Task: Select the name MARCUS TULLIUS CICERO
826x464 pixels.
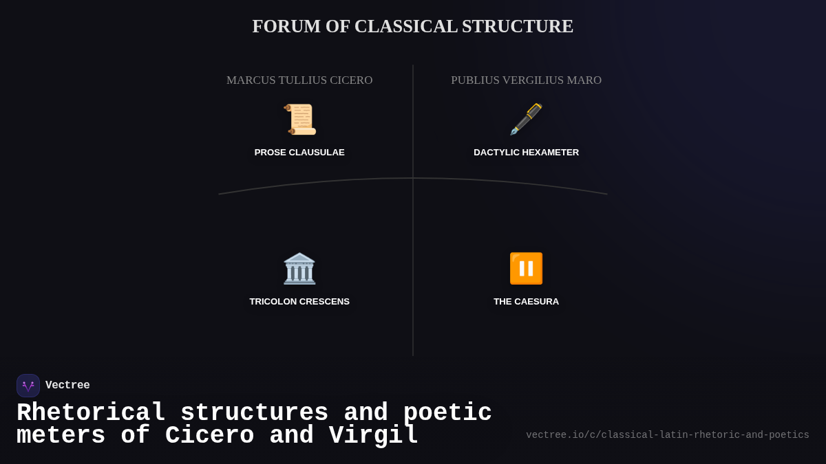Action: (x=299, y=80)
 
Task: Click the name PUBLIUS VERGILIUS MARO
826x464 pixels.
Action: (x=526, y=80)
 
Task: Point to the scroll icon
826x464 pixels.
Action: (x=299, y=119)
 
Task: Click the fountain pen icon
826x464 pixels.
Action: (x=526, y=119)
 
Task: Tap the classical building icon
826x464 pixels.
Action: (x=299, y=268)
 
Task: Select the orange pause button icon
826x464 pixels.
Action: (x=526, y=268)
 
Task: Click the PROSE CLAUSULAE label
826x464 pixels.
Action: (x=299, y=153)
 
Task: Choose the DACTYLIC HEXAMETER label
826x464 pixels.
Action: (x=526, y=153)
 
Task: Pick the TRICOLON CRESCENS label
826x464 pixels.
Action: (x=299, y=302)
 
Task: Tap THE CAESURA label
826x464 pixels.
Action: (x=526, y=302)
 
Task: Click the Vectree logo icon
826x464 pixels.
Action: (x=28, y=386)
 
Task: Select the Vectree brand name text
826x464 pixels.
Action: (x=67, y=386)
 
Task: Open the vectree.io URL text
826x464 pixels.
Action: (x=667, y=435)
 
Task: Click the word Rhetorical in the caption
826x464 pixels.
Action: (x=91, y=412)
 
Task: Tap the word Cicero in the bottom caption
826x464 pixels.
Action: (x=209, y=436)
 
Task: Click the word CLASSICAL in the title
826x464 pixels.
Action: (x=405, y=26)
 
